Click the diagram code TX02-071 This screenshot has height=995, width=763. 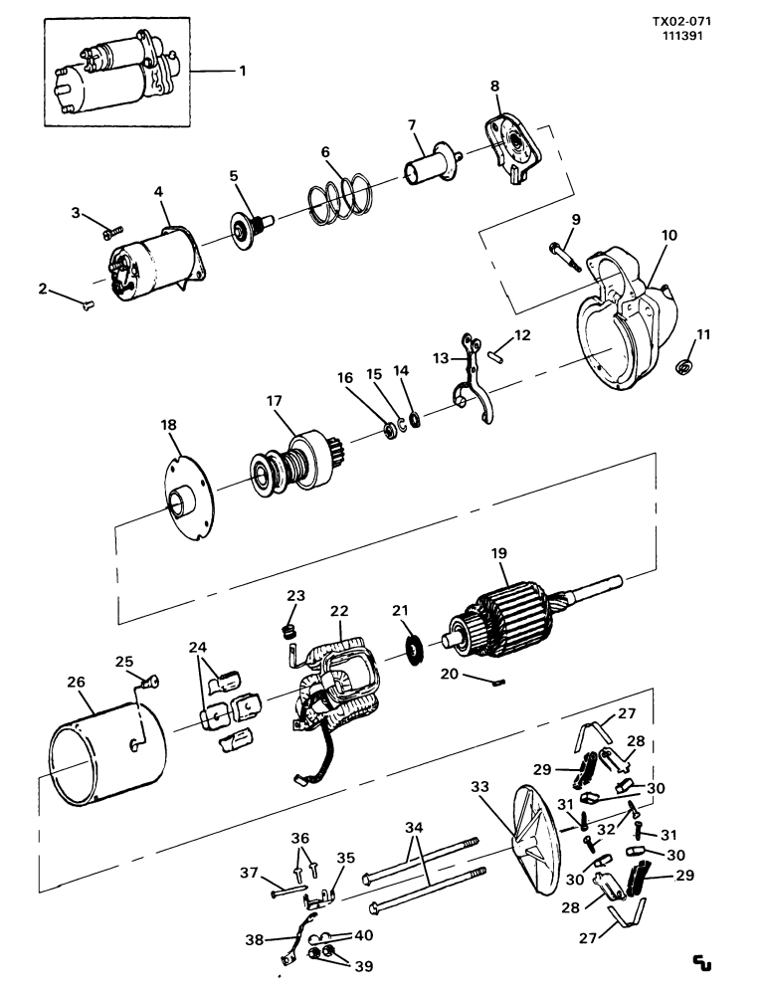pyautogui.click(x=681, y=22)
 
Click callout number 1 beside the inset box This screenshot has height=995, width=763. pyautogui.click(x=243, y=71)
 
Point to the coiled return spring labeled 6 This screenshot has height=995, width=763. pyautogui.click(x=339, y=197)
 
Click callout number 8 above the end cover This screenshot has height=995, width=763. pyautogui.click(x=494, y=85)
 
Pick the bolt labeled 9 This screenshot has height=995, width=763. pyautogui.click(x=565, y=257)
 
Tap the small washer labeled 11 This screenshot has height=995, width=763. pyautogui.click(x=683, y=367)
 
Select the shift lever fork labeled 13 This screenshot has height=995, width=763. pyautogui.click(x=473, y=381)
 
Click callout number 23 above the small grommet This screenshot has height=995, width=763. pyautogui.click(x=295, y=596)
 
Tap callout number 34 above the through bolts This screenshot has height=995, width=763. pyautogui.click(x=414, y=828)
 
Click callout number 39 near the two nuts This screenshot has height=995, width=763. pyautogui.click(x=363, y=966)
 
